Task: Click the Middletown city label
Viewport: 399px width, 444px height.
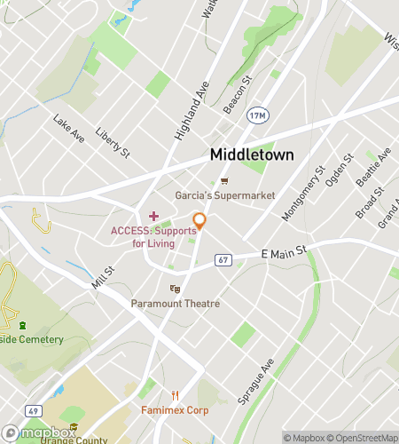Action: coord(252,154)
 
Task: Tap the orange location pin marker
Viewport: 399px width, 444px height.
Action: coord(200,221)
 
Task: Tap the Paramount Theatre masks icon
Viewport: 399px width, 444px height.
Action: coord(176,289)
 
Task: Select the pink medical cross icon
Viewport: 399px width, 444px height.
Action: coord(153,216)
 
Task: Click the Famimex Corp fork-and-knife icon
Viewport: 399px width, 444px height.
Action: coord(176,396)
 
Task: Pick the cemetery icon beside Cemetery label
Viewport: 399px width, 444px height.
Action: coord(22,325)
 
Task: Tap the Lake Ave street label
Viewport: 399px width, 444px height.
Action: coord(68,128)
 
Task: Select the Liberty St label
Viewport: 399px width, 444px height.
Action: coord(113,141)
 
